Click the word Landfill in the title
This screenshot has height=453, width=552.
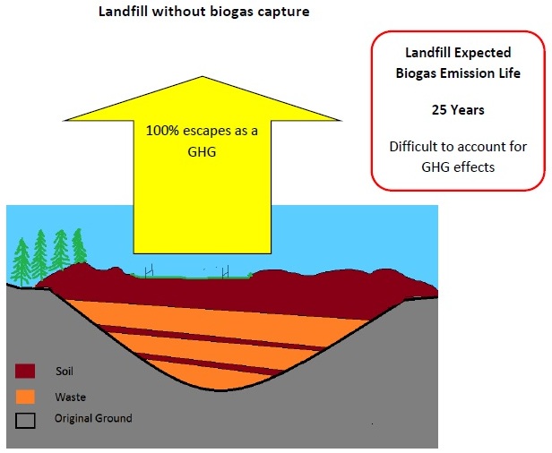coord(124,12)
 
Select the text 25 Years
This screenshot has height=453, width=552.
coord(458,110)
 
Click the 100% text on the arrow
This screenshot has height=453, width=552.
coord(162,131)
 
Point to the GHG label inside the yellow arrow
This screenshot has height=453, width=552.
coord(202,152)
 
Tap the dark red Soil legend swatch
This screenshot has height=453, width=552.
coord(25,371)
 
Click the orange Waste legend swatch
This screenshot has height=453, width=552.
coord(25,397)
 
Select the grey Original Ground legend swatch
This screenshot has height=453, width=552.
coord(25,421)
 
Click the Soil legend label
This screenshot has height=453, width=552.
coord(65,371)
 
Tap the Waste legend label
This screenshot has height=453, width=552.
coord(71,397)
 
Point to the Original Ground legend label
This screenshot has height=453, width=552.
coord(93,419)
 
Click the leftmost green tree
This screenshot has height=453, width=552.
coord(22,262)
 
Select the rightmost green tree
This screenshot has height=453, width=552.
coord(79,246)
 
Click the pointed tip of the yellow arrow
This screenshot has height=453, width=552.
coord(203,77)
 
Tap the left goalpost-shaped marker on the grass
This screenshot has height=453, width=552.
coord(150,270)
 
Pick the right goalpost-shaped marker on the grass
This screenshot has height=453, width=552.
coord(226,272)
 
